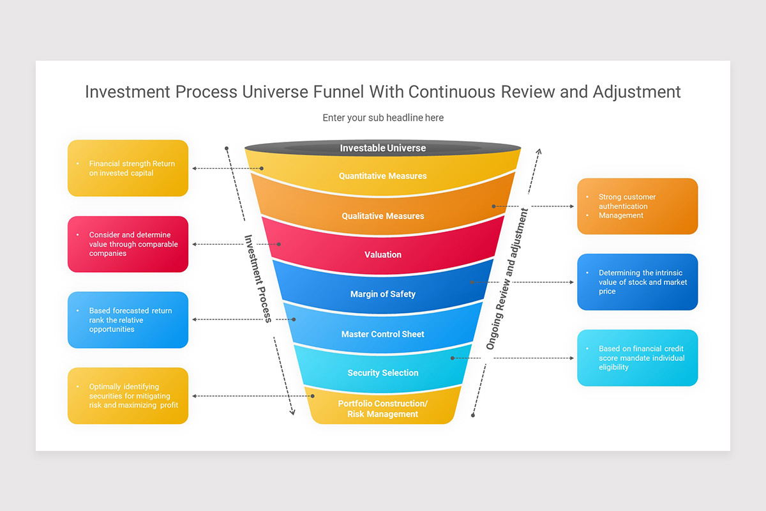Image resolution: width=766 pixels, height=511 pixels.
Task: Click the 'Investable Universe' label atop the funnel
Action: click(382, 148)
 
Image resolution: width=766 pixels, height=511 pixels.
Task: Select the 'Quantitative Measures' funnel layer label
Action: click(382, 176)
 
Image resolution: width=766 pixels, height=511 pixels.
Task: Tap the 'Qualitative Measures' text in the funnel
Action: click(382, 216)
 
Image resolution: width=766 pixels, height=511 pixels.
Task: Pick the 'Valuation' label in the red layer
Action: click(382, 254)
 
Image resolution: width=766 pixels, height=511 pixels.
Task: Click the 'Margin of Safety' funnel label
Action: click(382, 294)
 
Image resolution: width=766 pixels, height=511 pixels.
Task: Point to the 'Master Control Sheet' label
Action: click(382, 334)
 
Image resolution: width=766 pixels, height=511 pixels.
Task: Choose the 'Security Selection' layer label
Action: click(382, 372)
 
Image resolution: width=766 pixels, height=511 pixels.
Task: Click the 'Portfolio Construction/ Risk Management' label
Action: click(382, 409)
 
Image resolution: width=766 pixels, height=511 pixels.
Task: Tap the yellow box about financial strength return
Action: click(128, 168)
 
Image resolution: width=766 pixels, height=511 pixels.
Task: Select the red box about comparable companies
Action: click(128, 244)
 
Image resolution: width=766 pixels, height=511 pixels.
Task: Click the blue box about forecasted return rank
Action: click(128, 320)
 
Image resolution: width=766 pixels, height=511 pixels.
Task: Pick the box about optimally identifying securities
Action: click(128, 395)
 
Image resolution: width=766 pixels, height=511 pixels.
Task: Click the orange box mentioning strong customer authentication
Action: click(637, 206)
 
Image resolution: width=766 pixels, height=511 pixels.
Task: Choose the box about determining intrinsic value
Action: click(637, 282)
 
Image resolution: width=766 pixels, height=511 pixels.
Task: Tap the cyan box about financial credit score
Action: click(637, 358)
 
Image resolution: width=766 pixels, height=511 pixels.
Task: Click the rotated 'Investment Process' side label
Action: click(259, 278)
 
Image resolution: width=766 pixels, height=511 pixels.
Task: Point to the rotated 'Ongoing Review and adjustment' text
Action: click(507, 278)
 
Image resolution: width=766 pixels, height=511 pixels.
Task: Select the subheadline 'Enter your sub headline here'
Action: click(382, 118)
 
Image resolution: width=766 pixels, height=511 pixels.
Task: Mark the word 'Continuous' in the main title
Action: click(453, 92)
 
